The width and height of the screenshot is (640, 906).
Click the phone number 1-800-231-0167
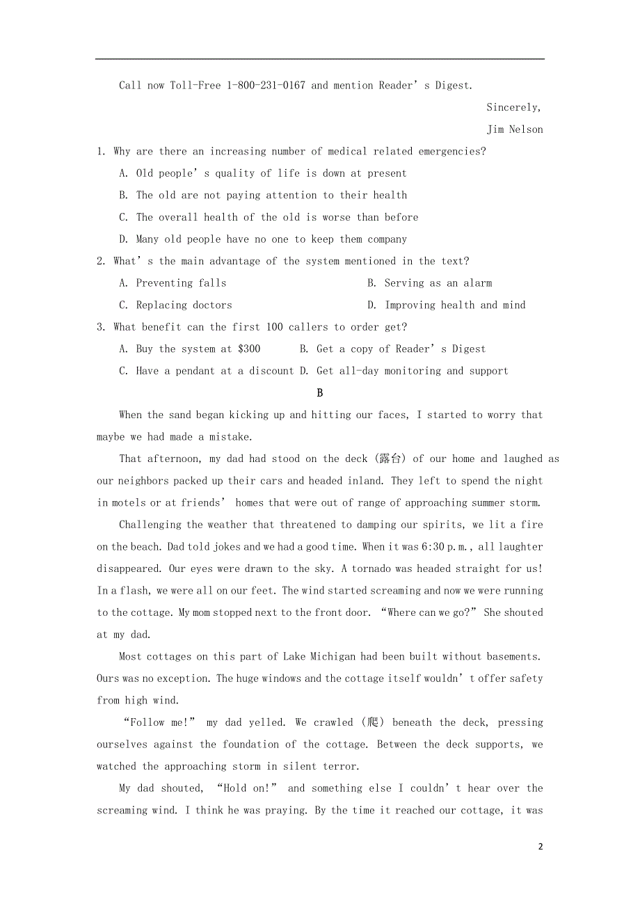(x=266, y=86)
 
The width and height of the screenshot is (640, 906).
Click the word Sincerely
(x=513, y=107)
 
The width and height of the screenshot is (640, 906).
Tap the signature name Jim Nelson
(x=515, y=129)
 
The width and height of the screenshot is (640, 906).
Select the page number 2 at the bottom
(x=540, y=847)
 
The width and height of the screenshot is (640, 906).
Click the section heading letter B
(x=320, y=393)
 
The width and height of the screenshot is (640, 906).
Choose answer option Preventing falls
(x=181, y=283)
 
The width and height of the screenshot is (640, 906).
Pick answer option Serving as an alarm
(x=438, y=283)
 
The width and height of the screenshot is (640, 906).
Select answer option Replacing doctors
(x=184, y=305)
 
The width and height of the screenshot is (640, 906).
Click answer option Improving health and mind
(x=455, y=305)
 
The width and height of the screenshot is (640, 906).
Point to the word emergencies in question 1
(x=452, y=152)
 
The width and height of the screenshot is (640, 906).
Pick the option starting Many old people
(x=271, y=239)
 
